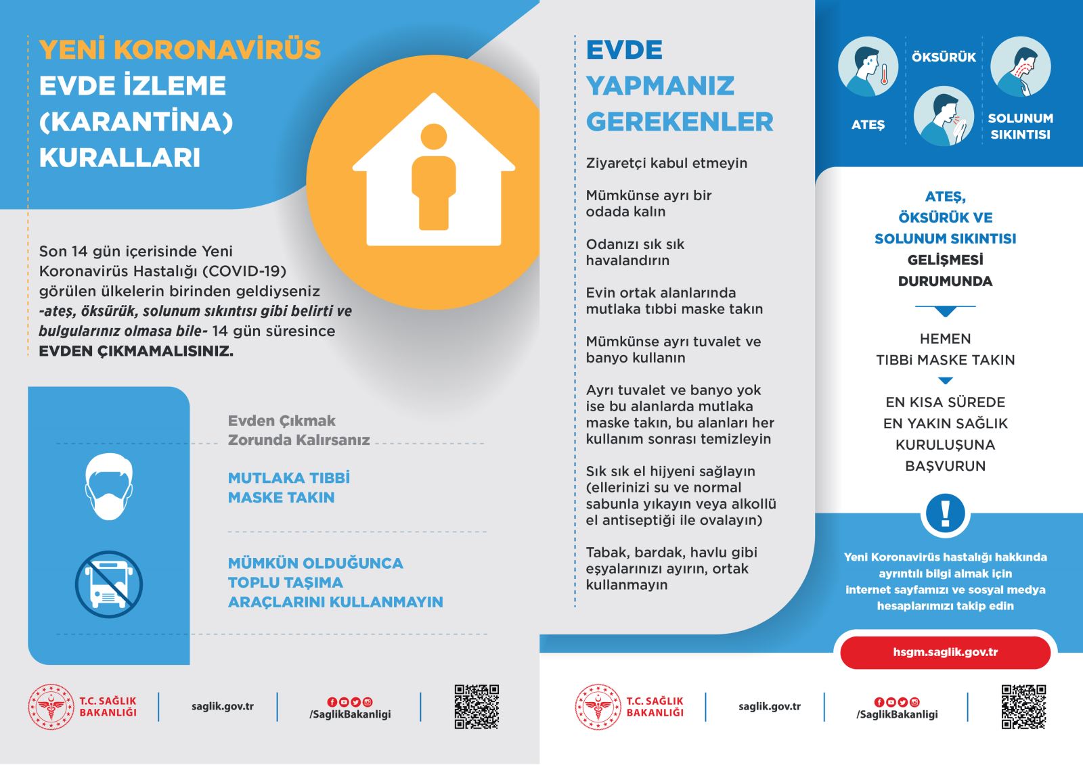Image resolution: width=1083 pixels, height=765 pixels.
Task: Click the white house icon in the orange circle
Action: [433, 172]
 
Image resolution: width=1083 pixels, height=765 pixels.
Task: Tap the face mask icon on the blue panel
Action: [108, 486]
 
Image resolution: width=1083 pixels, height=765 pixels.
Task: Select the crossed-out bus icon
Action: [108, 584]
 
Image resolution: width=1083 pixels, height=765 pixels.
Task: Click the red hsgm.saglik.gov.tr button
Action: [945, 653]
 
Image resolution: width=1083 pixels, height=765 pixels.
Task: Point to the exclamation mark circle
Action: [945, 513]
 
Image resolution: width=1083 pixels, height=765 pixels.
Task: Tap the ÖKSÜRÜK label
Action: [944, 57]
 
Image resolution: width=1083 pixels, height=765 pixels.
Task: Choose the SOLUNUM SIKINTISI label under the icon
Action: [1020, 126]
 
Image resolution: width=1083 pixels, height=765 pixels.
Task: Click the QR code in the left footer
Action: [477, 706]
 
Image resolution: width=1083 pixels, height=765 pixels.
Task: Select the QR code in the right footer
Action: [1023, 706]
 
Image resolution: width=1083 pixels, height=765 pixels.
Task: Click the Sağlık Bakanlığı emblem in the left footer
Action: [51, 707]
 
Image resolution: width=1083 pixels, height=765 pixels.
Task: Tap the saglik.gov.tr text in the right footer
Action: [770, 706]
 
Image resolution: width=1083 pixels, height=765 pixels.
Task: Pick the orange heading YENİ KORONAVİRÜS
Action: [180, 50]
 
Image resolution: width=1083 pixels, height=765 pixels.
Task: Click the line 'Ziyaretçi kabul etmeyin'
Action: [667, 163]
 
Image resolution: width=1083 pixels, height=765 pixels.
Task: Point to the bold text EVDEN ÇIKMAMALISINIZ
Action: [136, 351]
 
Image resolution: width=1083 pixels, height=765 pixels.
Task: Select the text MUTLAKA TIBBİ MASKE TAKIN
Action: [288, 488]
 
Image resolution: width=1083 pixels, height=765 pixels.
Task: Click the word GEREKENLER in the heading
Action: [680, 122]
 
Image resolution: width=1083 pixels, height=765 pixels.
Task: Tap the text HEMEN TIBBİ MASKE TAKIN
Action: [945, 350]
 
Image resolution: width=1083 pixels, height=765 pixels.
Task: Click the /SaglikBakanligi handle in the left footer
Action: [350, 714]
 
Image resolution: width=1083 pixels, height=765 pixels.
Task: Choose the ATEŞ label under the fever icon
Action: [868, 125]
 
